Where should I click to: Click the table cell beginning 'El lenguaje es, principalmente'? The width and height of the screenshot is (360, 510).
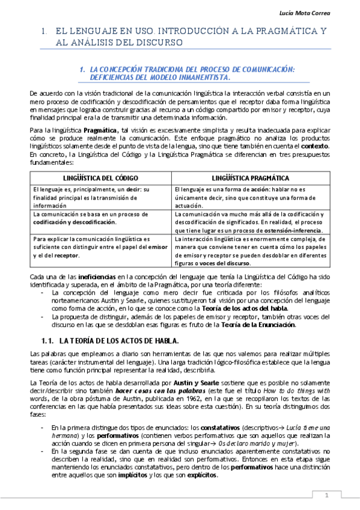100,197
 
